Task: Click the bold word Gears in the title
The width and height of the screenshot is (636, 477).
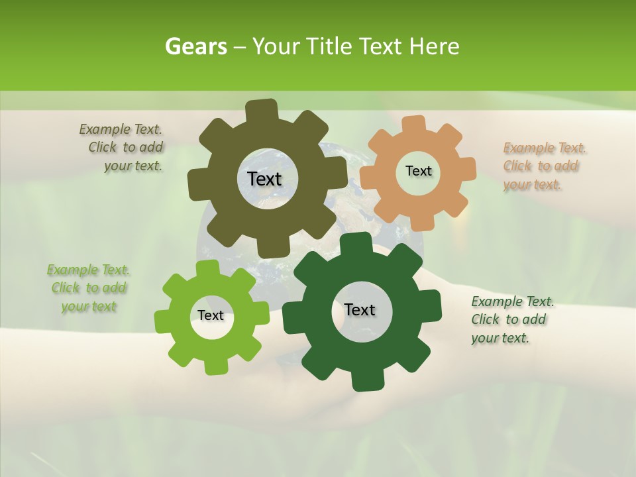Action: (x=195, y=46)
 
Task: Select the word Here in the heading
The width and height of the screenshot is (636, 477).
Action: (x=435, y=46)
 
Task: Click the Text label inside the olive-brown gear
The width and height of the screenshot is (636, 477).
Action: (x=264, y=179)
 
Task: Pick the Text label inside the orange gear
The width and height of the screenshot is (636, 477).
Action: (x=418, y=171)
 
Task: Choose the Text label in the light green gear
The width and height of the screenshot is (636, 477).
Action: (x=211, y=315)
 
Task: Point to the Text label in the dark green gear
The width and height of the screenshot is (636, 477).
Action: (x=360, y=309)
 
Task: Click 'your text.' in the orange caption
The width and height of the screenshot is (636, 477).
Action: (x=532, y=185)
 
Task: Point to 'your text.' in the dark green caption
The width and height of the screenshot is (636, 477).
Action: (x=500, y=338)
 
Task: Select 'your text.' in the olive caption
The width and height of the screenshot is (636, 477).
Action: (x=132, y=166)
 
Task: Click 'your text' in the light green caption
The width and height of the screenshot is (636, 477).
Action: (x=89, y=306)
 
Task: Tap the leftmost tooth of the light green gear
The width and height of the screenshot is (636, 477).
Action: (x=162, y=321)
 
